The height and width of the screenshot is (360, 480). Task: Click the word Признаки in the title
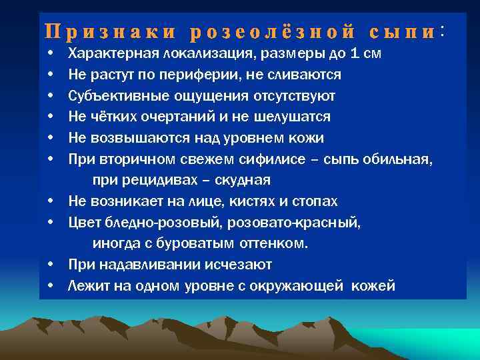(x=110, y=31)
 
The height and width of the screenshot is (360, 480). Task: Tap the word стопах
(x=316, y=201)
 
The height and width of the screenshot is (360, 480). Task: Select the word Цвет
(x=83, y=223)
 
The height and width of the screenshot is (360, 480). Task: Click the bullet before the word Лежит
(x=51, y=287)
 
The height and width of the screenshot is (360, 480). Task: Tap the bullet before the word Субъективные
(x=51, y=96)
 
